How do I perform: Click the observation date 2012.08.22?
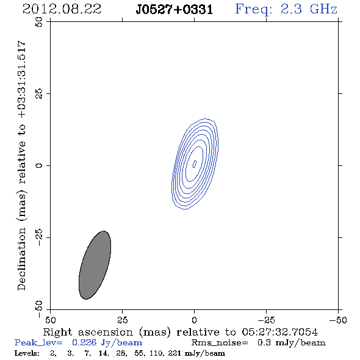point(62,9)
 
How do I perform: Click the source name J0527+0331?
point(175,10)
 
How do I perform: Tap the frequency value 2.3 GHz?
point(309,9)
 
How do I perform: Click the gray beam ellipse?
point(95,265)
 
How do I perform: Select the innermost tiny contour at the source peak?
point(195,164)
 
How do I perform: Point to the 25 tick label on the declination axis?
point(39,94)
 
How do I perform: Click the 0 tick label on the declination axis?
point(39,165)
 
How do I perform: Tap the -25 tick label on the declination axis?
point(39,237)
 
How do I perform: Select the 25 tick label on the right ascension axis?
point(122,320)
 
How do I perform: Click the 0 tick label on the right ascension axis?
point(194,320)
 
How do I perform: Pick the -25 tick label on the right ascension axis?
point(266,320)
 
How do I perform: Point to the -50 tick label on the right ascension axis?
point(338,320)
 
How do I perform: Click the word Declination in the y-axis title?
point(21,259)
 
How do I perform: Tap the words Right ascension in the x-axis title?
point(88,332)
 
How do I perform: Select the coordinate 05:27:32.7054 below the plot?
point(280,332)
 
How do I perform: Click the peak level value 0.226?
point(84,342)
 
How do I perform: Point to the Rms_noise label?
point(220,343)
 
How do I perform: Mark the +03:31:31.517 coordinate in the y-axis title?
point(22,79)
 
